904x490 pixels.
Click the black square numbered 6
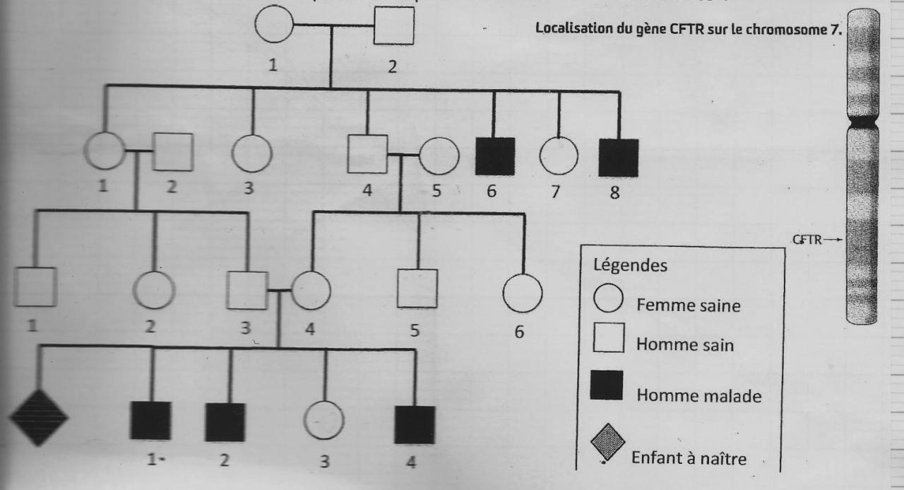[494, 156]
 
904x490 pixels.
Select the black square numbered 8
[619, 156]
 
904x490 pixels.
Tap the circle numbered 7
[559, 155]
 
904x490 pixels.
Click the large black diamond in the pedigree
[38, 417]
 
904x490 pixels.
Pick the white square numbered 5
[417, 288]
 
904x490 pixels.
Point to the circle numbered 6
[523, 292]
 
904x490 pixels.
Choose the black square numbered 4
[415, 424]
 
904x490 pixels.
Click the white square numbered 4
[368, 153]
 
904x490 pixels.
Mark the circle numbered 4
[311, 290]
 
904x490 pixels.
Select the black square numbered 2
[225, 421]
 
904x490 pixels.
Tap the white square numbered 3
[247, 290]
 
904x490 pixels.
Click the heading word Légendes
[625, 267]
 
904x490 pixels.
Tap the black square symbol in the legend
[606, 385]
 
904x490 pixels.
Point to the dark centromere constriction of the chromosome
[862, 123]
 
